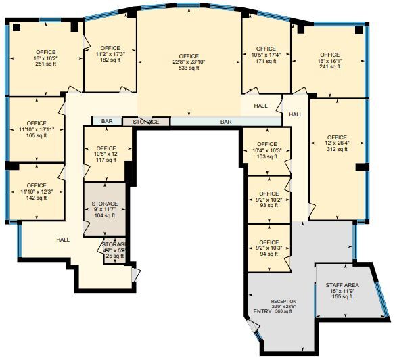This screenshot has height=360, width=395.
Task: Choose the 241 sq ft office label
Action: click(x=329, y=61)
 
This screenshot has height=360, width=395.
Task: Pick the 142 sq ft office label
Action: click(x=37, y=192)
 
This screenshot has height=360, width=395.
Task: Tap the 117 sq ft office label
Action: click(x=106, y=154)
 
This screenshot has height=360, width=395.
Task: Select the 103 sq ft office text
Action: click(x=267, y=150)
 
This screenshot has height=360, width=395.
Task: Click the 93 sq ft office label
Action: click(x=269, y=200)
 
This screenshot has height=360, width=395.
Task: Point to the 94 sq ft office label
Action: click(x=269, y=248)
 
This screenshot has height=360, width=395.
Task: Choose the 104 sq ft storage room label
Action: click(x=105, y=209)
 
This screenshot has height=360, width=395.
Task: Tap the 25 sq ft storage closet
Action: click(x=114, y=250)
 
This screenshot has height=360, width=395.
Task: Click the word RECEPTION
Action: click(x=284, y=301)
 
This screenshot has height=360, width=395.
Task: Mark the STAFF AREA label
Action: click(x=342, y=286)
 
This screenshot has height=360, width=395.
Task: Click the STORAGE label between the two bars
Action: click(x=146, y=122)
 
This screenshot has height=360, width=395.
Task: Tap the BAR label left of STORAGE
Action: click(x=107, y=122)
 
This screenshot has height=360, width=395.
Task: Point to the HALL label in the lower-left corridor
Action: click(x=63, y=239)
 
